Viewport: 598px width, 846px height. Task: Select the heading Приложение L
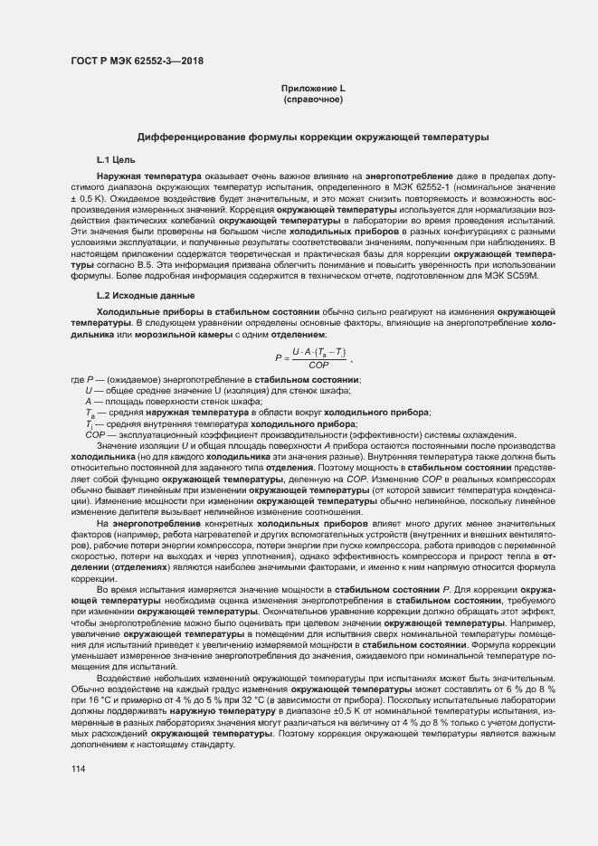click(313, 88)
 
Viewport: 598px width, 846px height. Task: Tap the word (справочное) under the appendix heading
click(313, 99)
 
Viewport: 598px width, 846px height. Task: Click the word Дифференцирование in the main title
click(185, 137)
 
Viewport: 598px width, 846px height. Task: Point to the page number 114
click(77, 768)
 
